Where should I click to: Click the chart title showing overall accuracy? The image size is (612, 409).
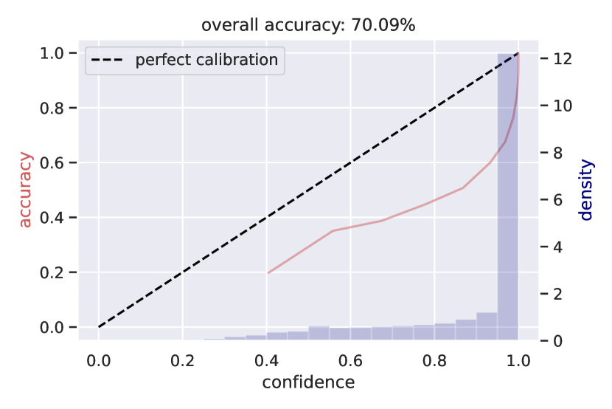pos(308,25)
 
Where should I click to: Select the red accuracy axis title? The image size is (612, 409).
pos(26,190)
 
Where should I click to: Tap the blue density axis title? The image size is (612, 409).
pos(586,190)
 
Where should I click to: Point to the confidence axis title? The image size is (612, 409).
pos(308,382)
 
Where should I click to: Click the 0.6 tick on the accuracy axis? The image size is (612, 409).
pos(58,162)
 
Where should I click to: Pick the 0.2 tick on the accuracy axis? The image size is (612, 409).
pos(58,272)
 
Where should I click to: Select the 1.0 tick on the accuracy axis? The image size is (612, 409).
pos(58,53)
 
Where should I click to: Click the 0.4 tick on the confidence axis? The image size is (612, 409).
pos(266,360)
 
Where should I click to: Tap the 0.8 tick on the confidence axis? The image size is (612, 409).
pos(434,360)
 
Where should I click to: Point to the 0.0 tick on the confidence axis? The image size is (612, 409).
pos(99,360)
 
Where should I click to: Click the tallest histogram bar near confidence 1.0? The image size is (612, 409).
pos(507,199)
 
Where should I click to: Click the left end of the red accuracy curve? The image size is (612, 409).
pos(268,273)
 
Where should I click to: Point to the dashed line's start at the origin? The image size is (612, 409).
pos(100,326)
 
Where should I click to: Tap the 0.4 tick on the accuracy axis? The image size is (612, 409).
pos(58,218)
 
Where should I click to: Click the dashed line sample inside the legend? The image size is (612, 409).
pos(109,60)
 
